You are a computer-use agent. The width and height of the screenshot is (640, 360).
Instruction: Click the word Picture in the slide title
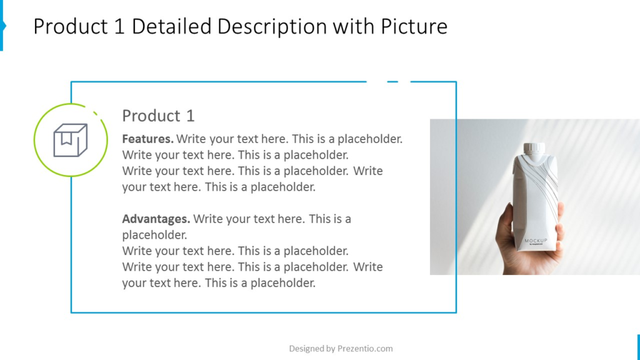414,26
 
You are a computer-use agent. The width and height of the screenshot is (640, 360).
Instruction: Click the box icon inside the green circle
70,140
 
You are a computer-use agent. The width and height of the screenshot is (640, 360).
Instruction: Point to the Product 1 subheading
158,116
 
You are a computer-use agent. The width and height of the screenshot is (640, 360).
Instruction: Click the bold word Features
147,139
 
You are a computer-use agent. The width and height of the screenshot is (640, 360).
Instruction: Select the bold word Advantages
156,219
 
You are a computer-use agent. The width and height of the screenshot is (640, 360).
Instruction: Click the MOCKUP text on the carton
536,241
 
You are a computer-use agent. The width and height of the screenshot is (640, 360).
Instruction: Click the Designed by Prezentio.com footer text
341,349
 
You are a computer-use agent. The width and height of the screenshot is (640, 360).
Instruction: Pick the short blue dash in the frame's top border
392,82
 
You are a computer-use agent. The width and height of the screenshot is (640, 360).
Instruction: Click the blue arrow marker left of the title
3,26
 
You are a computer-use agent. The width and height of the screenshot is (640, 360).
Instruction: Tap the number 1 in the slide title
119,26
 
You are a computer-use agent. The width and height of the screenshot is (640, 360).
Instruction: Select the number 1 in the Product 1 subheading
190,116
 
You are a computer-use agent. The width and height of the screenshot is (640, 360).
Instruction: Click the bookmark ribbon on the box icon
66,139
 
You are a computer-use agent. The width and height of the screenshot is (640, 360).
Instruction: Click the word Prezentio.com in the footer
365,349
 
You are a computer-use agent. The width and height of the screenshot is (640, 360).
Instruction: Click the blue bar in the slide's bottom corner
638,347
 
